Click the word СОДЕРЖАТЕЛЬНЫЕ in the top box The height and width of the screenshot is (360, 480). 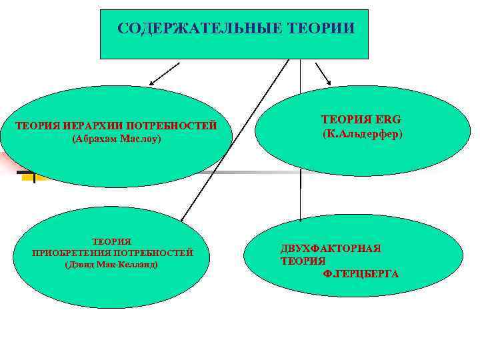pos(194,29)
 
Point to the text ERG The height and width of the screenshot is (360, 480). pos(385,120)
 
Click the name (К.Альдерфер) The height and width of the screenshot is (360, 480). pos(363,134)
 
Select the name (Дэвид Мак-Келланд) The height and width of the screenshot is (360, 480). pos(111,265)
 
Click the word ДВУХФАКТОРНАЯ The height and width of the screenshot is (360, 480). pos(330,248)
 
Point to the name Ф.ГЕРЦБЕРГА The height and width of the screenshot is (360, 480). pos(361,273)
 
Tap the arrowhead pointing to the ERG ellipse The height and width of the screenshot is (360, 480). pos(329,82)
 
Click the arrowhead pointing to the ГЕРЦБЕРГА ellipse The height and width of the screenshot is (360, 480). pos(301,217)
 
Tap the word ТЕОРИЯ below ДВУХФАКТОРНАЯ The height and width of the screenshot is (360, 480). pos(303,261)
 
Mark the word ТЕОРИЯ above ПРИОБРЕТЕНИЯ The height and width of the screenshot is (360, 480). pos(111,241)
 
